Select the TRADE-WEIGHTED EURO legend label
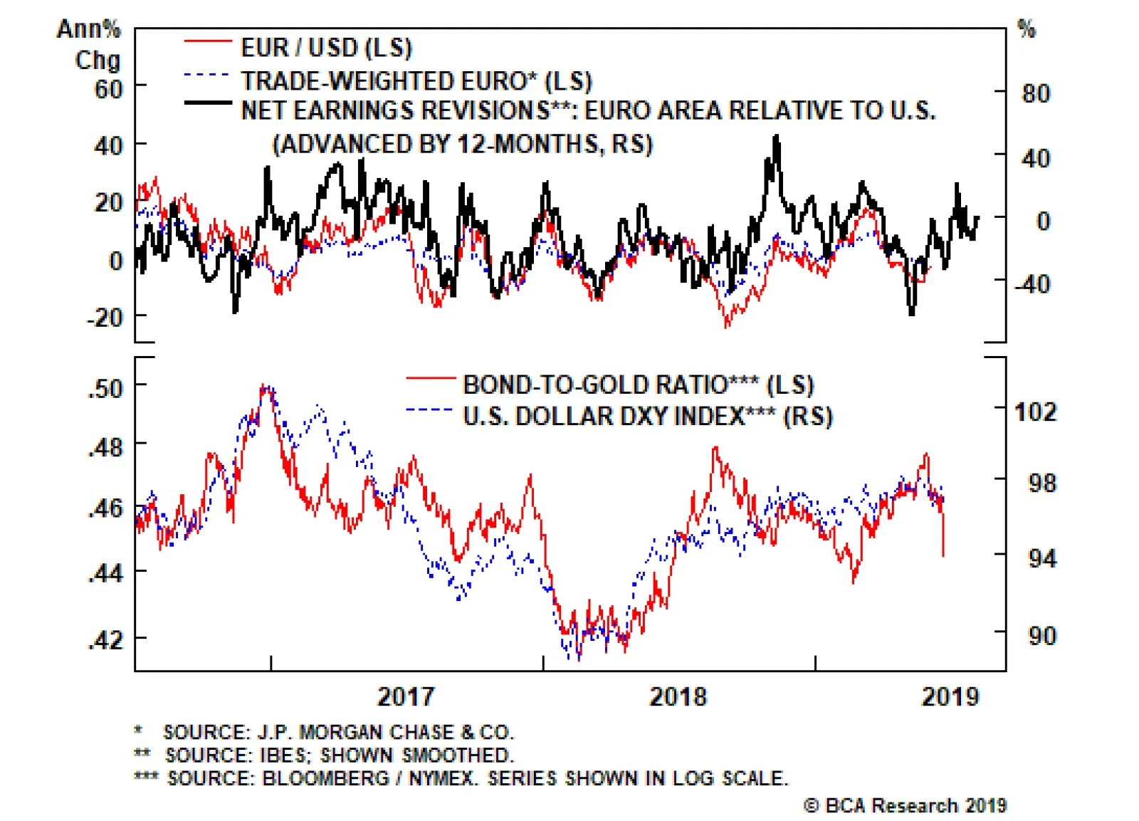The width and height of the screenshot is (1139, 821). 416,80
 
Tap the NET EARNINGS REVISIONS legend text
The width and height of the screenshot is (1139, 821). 588,111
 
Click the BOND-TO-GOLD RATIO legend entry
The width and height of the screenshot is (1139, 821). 638,385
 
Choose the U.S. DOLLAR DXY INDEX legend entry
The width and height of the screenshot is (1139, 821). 647,416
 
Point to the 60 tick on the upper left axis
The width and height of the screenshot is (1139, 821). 108,90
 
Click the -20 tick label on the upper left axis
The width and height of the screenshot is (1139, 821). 105,317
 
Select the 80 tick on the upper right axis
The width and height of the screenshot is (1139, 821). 1036,93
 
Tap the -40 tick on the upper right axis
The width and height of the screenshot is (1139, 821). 1032,284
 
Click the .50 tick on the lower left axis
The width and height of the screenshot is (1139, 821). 105,388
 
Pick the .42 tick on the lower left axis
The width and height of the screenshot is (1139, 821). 105,639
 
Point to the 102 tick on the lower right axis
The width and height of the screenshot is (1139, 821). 1036,412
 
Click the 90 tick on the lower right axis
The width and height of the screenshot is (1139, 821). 1042,635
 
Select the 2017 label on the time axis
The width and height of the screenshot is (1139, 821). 406,696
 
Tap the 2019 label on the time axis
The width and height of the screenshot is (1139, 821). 950,696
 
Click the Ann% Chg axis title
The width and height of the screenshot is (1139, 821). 90,44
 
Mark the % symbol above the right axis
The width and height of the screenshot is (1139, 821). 1026,29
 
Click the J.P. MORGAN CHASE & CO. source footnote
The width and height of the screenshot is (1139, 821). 338,732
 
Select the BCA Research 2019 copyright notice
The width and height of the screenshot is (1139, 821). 906,805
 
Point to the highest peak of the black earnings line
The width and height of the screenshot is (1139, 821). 776,137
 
